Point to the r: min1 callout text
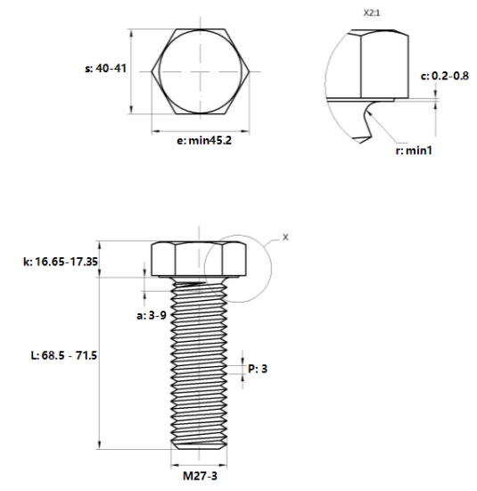(414, 151)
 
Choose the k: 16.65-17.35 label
(60, 261)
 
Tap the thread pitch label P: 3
(258, 368)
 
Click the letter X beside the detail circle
(285, 237)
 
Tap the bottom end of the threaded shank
(199, 444)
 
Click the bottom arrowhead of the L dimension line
(99, 445)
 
